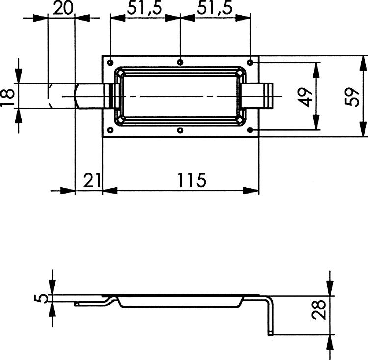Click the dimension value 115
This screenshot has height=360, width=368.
tap(191, 180)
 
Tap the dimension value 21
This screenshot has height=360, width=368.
tap(92, 180)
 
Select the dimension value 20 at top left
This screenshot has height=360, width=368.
tap(63, 8)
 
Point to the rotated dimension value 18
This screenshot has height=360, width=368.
tap(7, 98)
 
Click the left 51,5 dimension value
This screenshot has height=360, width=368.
tap(145, 9)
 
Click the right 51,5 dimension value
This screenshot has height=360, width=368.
tap(214, 9)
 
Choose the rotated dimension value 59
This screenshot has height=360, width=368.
tap(352, 97)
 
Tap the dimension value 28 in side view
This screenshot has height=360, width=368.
tap(319, 309)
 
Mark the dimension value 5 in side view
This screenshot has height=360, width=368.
tap(41, 299)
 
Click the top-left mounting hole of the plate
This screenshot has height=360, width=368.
tap(110, 63)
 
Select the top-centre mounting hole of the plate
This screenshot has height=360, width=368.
tap(180, 62)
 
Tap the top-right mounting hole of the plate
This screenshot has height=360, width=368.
tap(250, 62)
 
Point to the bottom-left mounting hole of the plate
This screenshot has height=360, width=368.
tap(110, 130)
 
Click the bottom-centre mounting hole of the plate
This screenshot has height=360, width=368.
tap(180, 130)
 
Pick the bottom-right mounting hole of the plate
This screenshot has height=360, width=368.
tap(250, 130)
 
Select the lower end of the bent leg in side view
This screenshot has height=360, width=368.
tap(270, 333)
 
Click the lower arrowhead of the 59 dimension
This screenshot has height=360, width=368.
tap(364, 129)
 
